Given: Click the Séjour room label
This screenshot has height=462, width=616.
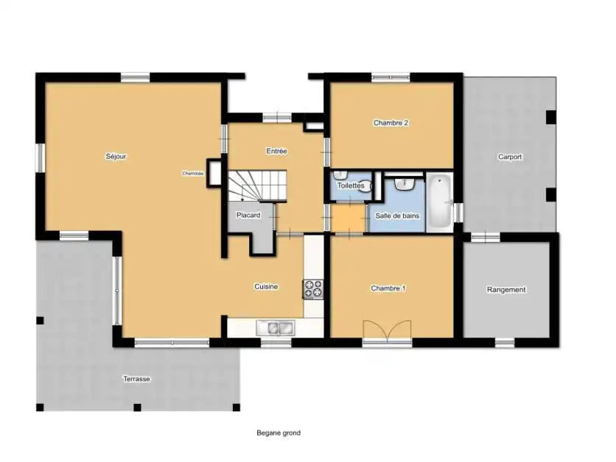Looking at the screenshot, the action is [116, 157].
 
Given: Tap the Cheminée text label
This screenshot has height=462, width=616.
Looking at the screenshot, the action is [192, 174].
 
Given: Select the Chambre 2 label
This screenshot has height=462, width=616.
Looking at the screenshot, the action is [391, 123].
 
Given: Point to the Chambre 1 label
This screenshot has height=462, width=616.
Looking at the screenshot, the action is [388, 288].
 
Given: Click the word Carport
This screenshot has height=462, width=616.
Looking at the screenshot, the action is [510, 157].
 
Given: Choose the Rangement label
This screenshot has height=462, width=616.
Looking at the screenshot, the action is [506, 289].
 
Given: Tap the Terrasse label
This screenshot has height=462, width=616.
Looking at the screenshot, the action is [137, 379].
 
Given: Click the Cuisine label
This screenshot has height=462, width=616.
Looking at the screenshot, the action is [266, 287].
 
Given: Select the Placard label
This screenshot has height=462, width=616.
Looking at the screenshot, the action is [248, 215].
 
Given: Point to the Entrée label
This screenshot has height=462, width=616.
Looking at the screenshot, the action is [276, 151].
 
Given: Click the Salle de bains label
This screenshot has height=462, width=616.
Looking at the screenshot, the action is [397, 216].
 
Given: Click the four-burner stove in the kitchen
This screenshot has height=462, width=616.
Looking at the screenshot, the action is [313, 289].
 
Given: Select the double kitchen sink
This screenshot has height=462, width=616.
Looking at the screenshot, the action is [275, 328].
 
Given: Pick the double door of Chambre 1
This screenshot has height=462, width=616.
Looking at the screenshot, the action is [388, 330].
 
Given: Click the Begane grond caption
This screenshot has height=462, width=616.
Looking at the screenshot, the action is [279, 433].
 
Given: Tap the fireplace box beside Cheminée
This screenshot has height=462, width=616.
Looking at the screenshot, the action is [214, 172].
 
